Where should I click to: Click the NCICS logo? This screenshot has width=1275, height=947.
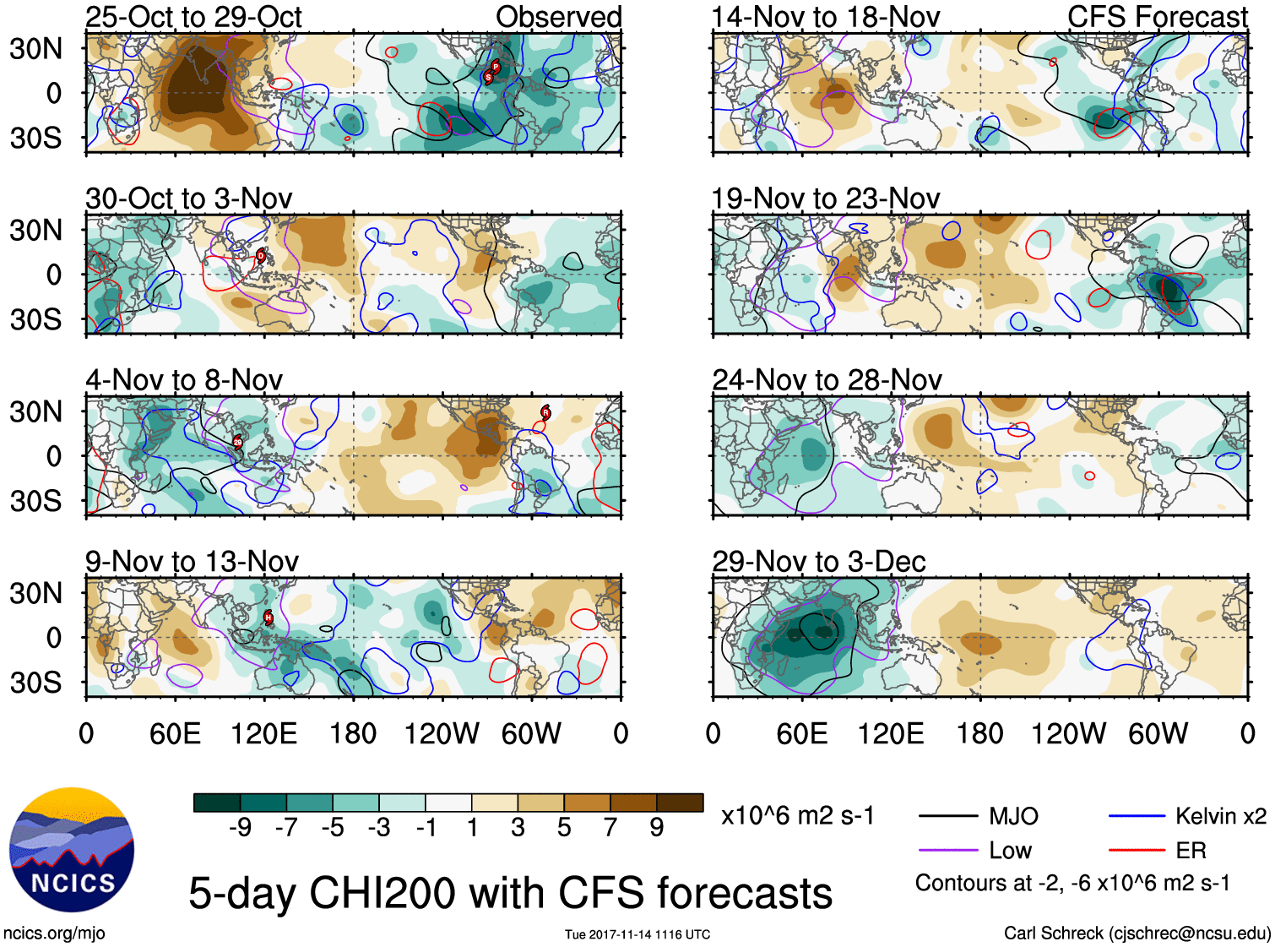tap(72, 850)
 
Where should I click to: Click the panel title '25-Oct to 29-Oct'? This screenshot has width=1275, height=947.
tap(193, 17)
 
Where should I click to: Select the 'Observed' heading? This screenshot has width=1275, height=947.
tap(558, 17)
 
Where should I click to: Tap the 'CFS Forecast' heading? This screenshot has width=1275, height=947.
tap(1157, 17)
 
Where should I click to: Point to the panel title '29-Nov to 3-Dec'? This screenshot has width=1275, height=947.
tap(818, 561)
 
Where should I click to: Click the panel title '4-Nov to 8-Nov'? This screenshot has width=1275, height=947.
tap(183, 380)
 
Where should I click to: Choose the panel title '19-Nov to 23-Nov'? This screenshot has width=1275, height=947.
tap(825, 199)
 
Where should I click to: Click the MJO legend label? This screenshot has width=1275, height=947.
tap(1013, 816)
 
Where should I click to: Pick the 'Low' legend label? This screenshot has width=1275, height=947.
tap(1010, 851)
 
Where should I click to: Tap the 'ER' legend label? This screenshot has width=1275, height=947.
tap(1191, 851)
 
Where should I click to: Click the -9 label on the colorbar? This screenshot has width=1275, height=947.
tap(240, 828)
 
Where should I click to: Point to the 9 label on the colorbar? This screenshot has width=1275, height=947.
tap(656, 828)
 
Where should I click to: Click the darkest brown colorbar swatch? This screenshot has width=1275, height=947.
tap(680, 803)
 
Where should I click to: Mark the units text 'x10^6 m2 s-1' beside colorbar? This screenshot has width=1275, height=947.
tap(797, 816)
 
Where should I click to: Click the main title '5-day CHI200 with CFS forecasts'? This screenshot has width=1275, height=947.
tap(510, 894)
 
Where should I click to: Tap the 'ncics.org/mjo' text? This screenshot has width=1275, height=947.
tap(54, 933)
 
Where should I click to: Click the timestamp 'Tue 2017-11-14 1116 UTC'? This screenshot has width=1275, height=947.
tap(637, 934)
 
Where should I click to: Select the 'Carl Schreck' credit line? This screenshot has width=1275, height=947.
tap(1137, 933)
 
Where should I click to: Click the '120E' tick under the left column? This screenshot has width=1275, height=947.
tap(263, 733)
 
